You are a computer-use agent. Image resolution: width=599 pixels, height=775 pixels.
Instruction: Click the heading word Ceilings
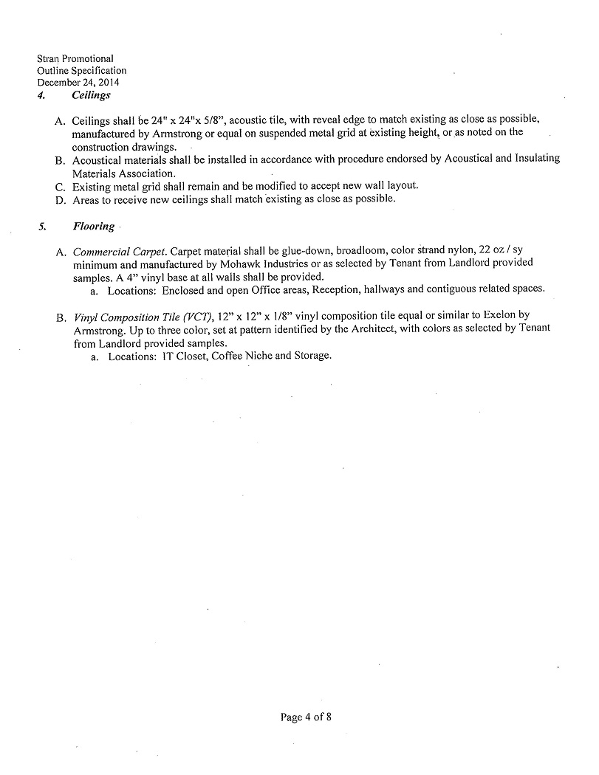91,95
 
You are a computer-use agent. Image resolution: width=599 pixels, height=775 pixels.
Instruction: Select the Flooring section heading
93,226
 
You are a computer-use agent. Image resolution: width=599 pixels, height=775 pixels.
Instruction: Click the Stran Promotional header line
75,58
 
